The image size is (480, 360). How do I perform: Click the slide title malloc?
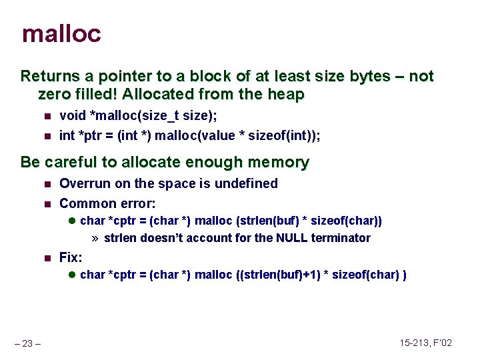[x=61, y=33]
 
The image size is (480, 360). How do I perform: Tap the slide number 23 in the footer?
[x=29, y=344]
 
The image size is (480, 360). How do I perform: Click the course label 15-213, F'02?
[x=426, y=343]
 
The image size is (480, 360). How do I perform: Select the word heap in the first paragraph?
[x=285, y=95]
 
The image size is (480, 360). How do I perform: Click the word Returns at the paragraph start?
[x=48, y=76]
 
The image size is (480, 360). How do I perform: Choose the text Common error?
[x=107, y=203]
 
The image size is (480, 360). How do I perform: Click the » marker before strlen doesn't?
[x=95, y=238]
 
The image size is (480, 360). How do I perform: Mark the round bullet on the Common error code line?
[x=72, y=221]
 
